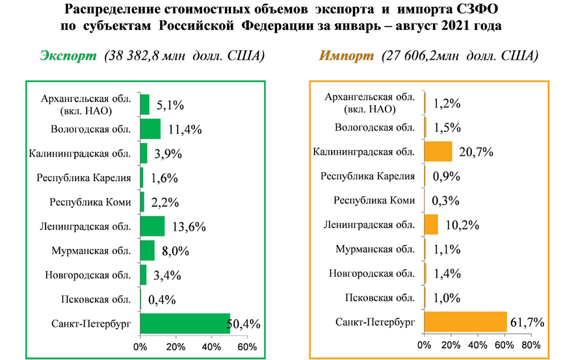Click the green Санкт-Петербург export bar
click(x=185, y=323)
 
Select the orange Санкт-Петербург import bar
click(x=465, y=322)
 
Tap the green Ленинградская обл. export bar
click(x=153, y=226)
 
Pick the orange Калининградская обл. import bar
click(x=438, y=152)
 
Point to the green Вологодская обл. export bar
click(x=151, y=129)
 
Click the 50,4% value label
click(x=246, y=324)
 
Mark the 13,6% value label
click(x=189, y=227)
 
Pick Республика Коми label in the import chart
click(x=374, y=201)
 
